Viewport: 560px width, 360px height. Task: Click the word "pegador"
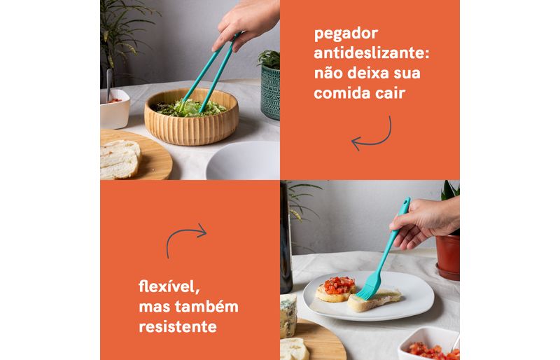click(346, 34)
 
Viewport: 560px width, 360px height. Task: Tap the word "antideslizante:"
click(372, 53)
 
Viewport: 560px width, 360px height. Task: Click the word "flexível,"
click(169, 286)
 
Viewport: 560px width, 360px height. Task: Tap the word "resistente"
click(178, 326)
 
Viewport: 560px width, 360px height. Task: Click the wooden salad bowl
click(191, 118)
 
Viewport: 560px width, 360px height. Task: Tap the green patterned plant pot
click(270, 92)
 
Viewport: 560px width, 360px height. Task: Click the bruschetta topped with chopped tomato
click(336, 288)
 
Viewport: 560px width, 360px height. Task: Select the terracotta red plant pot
click(448, 256)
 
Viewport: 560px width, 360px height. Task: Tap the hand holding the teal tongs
click(246, 23)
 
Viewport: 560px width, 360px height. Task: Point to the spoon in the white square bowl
click(109, 85)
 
